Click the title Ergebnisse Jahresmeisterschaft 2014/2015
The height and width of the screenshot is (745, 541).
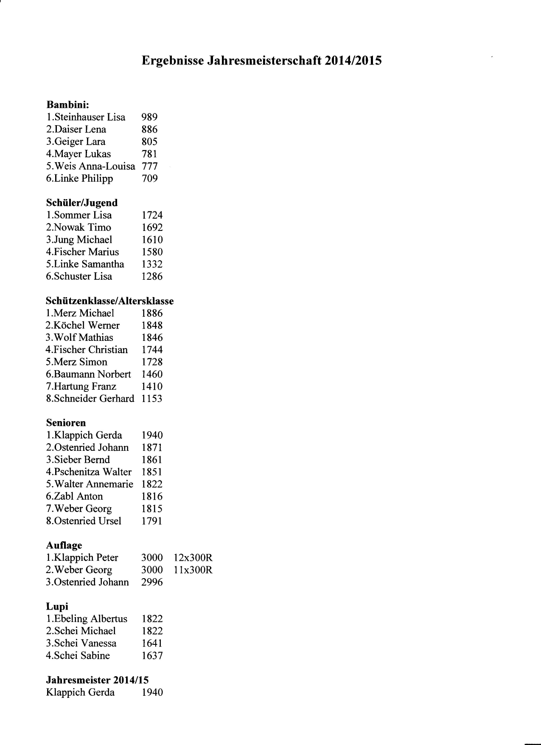tap(261, 61)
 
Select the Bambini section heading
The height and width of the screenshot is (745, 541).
tap(67, 104)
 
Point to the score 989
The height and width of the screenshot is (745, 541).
tap(149, 117)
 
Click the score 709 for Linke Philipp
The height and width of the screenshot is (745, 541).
tap(149, 178)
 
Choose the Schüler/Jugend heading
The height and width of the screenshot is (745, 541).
tap(81, 203)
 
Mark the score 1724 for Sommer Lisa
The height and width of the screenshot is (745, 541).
tap(152, 215)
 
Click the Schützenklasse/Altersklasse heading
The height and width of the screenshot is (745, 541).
tap(109, 301)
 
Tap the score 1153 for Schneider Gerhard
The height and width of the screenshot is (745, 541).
tap(152, 399)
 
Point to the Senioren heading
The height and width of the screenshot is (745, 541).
tap(66, 423)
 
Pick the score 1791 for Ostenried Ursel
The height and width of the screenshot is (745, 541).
tap(152, 521)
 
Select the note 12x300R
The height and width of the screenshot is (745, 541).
tap(193, 558)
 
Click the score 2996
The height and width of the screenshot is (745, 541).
tap(152, 582)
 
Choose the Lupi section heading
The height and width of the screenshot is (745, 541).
tap(57, 607)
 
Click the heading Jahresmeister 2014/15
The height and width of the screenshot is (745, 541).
tap(97, 680)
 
